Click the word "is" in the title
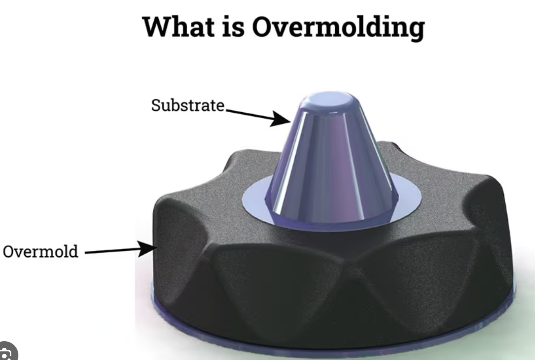click(234, 27)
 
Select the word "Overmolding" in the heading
click(338, 27)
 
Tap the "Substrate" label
click(188, 105)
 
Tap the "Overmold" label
click(40, 251)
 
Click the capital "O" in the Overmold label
click(9, 251)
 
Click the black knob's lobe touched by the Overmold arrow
click(176, 243)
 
